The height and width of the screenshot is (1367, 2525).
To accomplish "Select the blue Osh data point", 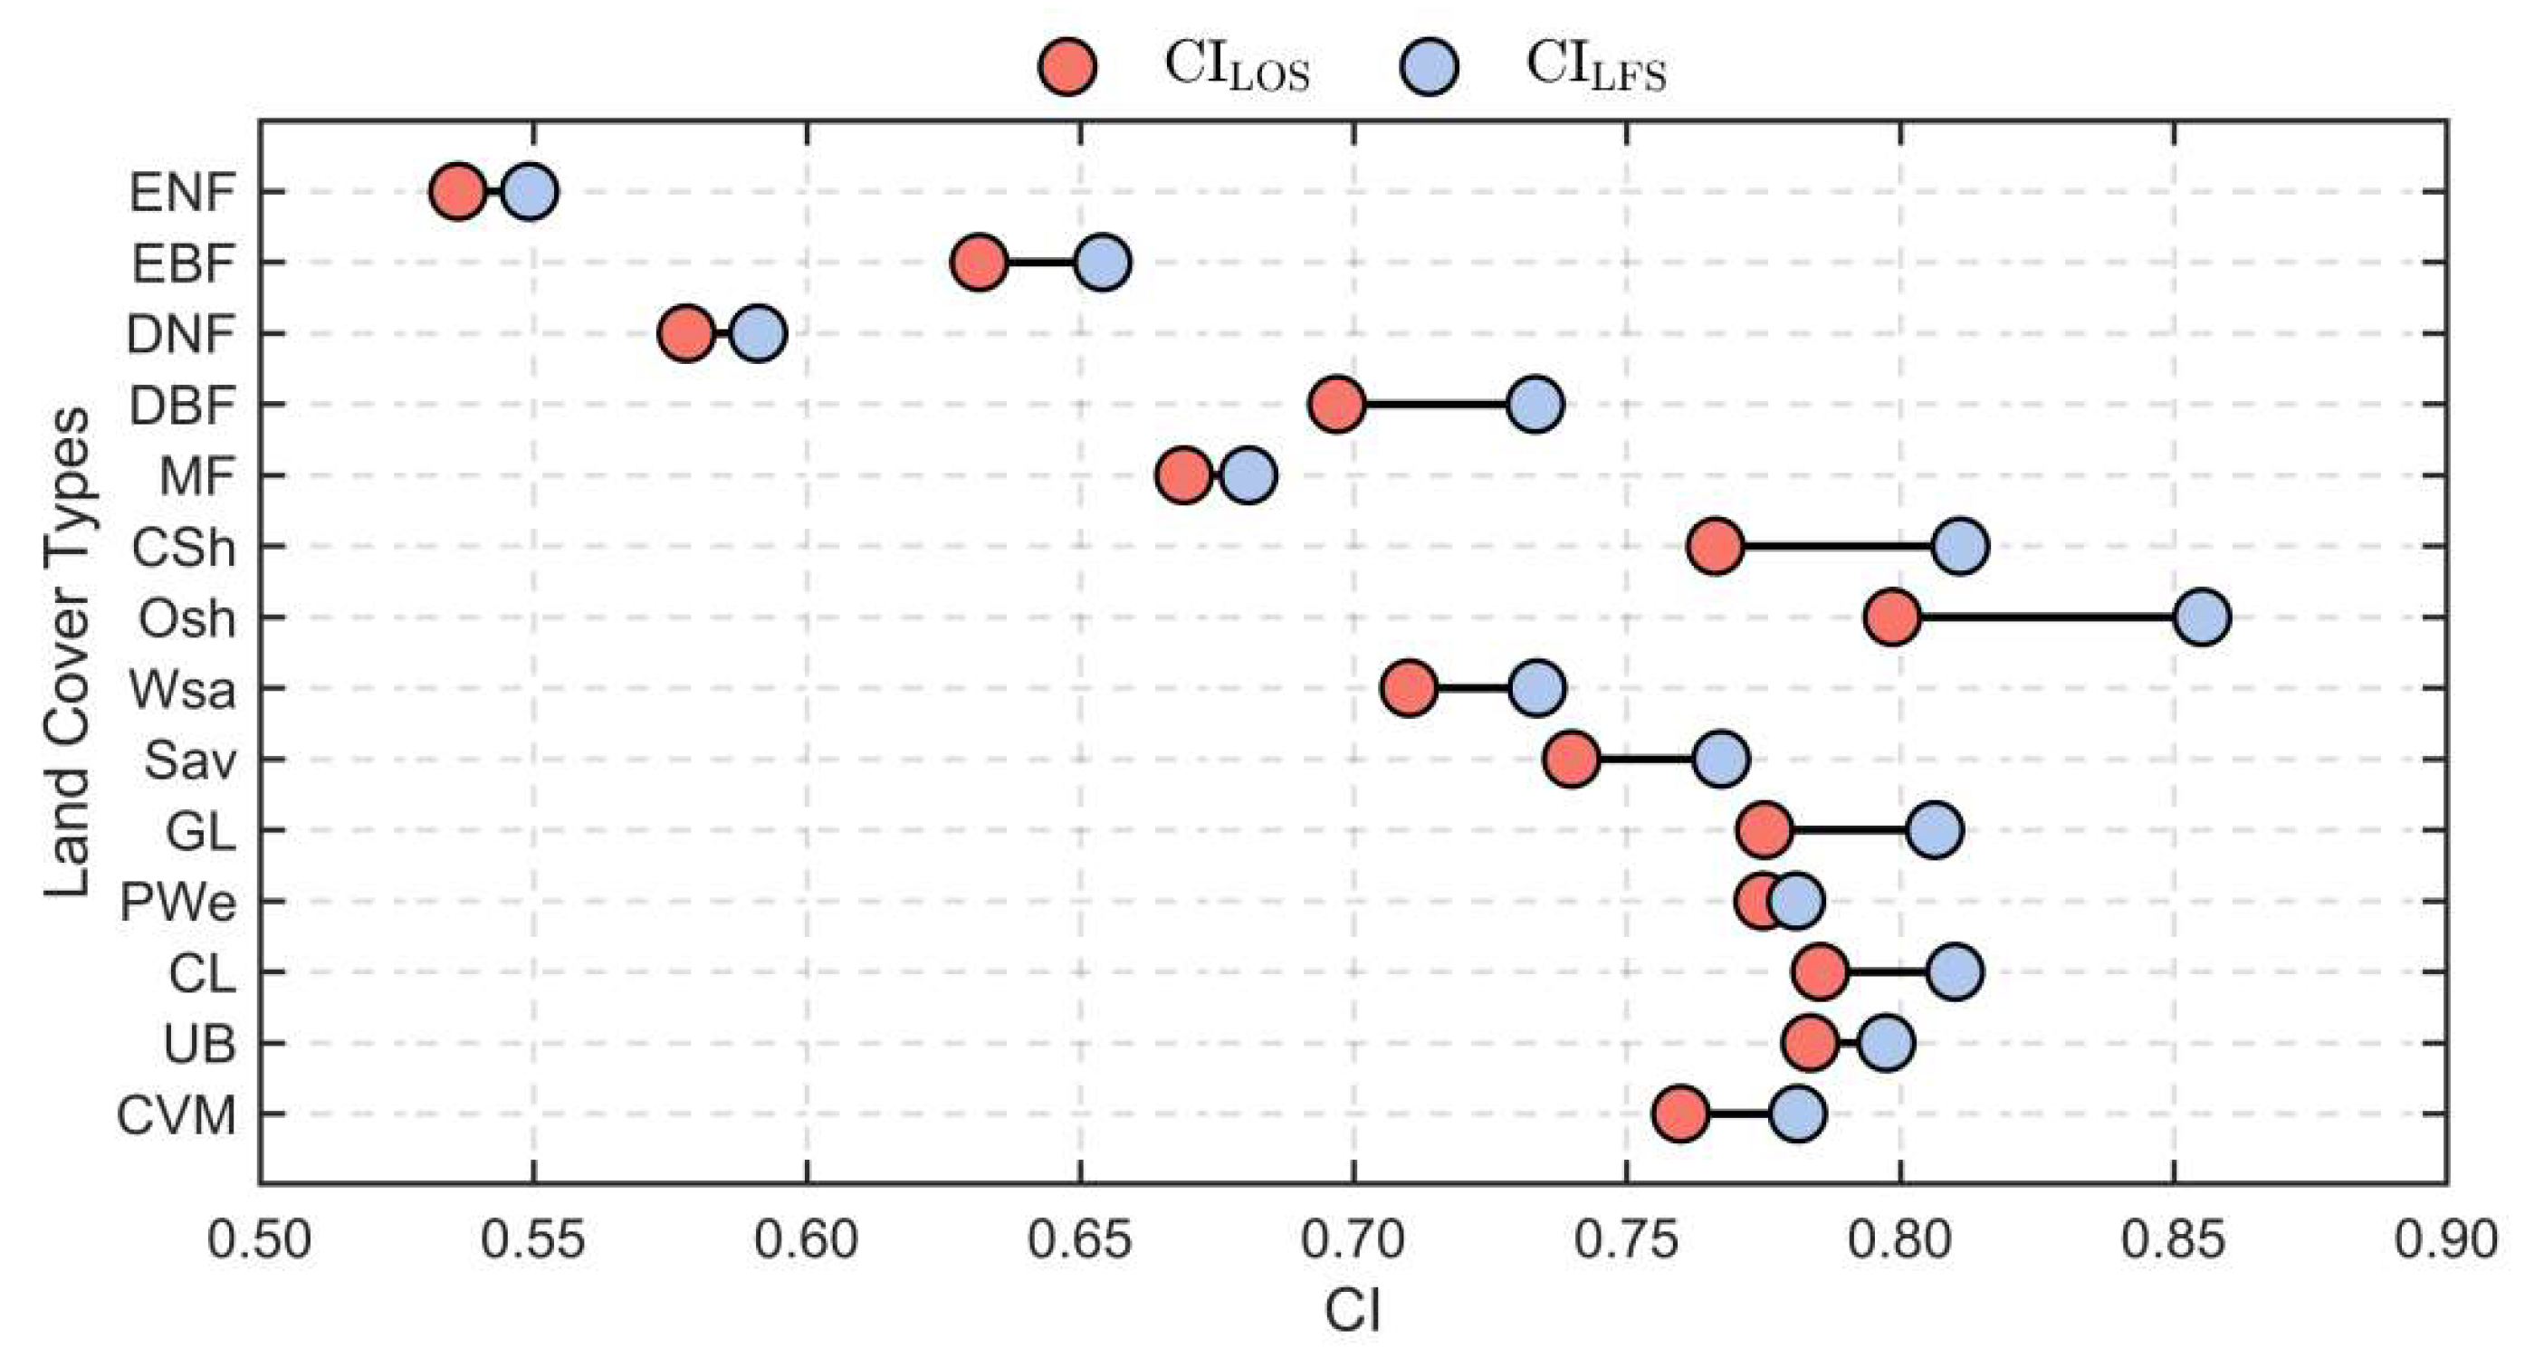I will pos(2203,617).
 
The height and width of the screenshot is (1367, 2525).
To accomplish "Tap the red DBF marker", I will pos(1336,404).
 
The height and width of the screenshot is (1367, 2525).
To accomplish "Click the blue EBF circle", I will pos(1103,263).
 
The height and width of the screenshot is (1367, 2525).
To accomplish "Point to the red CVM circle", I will pos(1680,1114).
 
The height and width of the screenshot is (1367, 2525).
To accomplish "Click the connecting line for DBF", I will pos(1435,404).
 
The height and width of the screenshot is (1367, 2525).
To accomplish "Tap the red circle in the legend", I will pos(1067,67).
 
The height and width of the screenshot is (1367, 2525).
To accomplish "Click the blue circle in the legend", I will pos(1430,67).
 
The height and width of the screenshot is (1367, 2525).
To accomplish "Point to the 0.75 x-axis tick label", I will pos(1626,1240).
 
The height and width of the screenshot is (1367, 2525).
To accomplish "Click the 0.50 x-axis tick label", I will pos(259,1240).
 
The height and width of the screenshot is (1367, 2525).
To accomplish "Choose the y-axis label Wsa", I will pos(183,690).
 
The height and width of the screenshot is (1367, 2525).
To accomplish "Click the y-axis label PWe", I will pos(178,902).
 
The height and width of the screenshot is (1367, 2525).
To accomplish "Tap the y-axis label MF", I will pos(197,476).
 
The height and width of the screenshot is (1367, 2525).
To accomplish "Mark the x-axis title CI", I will pos(1353,1311).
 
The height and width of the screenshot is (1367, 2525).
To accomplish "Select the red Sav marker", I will pos(1572,760).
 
